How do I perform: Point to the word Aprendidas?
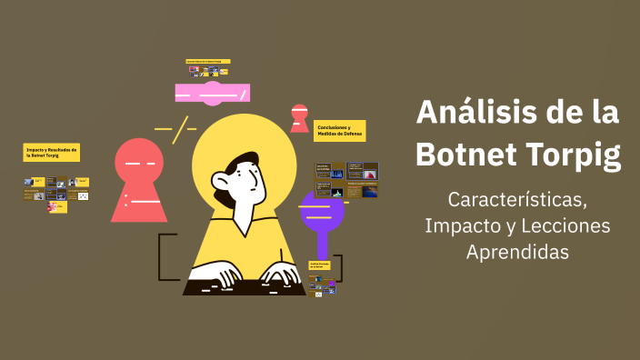517,252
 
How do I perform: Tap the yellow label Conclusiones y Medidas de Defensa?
340,130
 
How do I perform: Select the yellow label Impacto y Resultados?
52,152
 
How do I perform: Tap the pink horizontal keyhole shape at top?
212,92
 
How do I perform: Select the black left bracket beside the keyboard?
164,256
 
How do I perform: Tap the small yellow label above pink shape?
208,62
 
